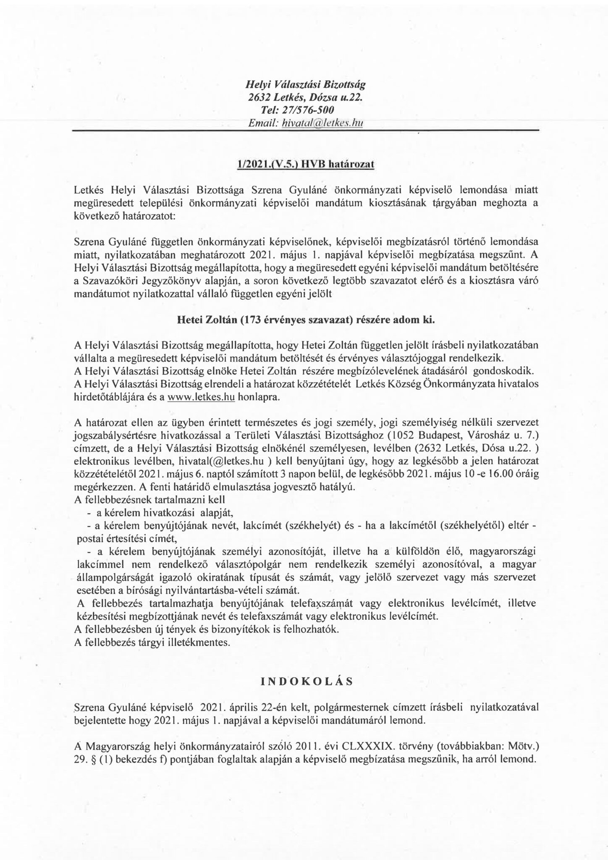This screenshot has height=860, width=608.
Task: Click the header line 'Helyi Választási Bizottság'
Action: [305, 84]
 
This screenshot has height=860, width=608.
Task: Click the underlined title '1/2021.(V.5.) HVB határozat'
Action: [305, 165]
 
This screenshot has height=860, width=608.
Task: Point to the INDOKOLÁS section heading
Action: [305, 682]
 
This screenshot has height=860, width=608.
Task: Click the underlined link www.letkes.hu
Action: [201, 397]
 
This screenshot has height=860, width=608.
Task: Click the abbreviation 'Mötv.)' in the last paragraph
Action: [520, 747]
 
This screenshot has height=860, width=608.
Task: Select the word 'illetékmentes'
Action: [203, 642]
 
